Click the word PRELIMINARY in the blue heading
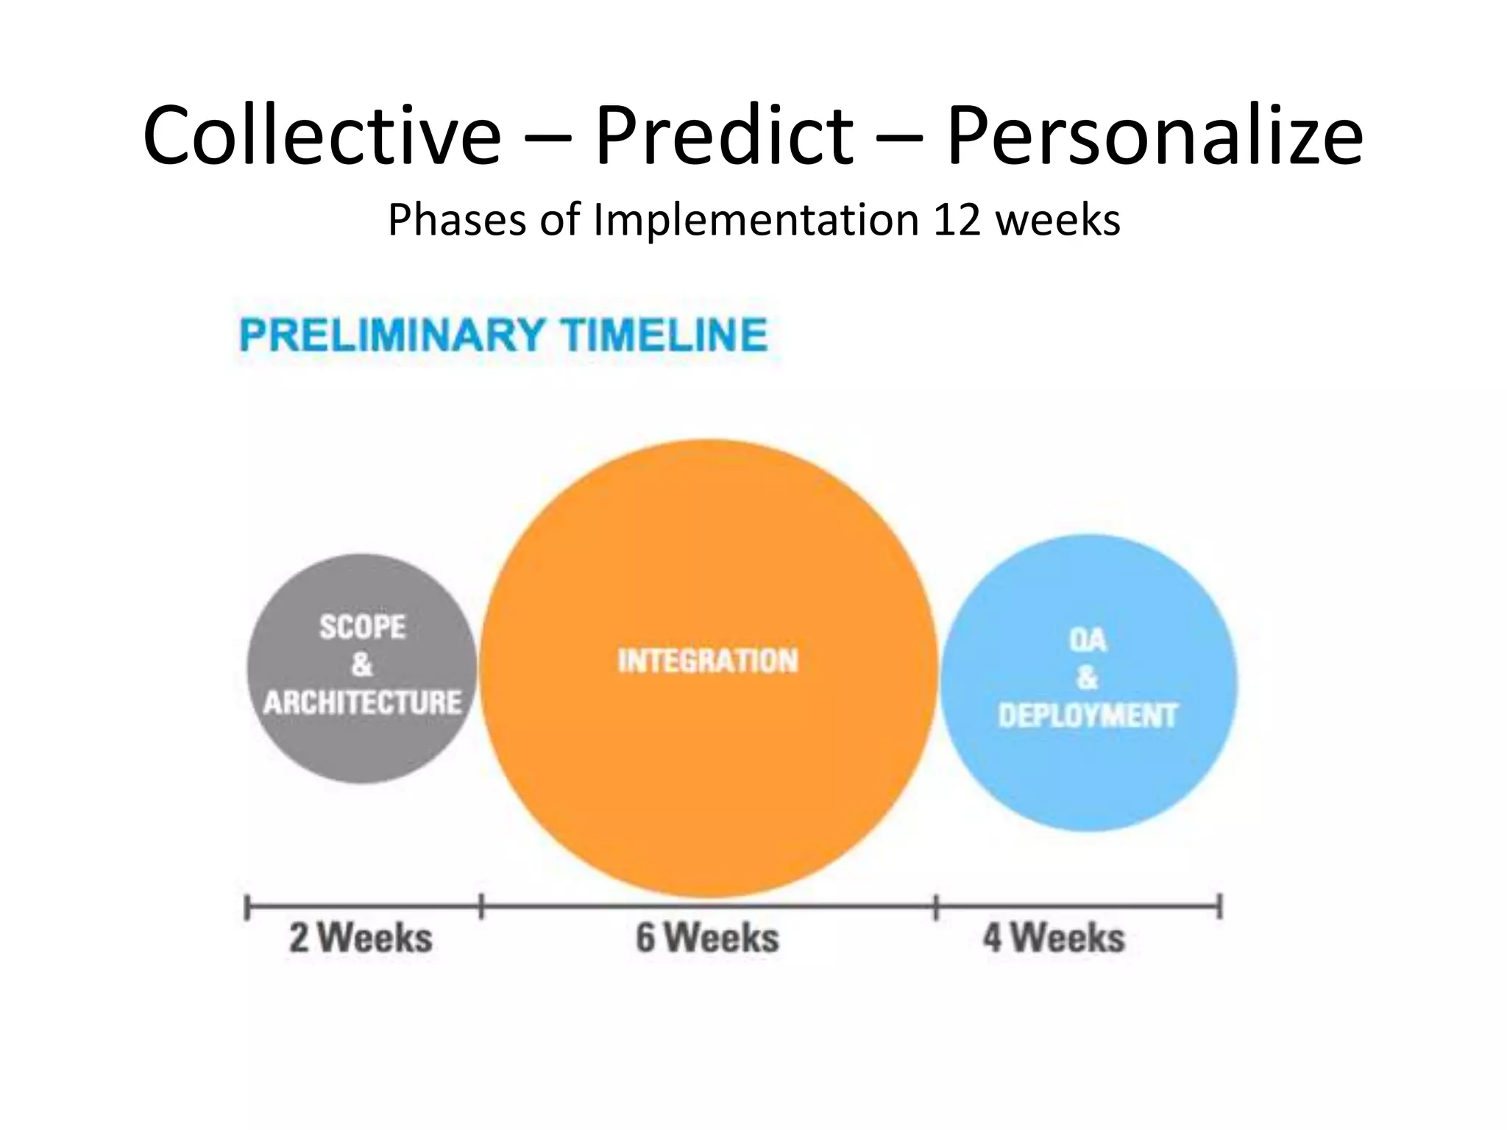(392, 335)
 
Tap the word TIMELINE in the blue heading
(664, 335)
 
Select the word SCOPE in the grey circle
(362, 628)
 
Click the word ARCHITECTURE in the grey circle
(363, 703)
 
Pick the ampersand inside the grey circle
(361, 665)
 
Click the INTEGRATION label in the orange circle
(708, 661)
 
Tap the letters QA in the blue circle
(1088, 640)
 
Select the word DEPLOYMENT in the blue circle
(1088, 716)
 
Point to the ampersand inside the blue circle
(1088, 678)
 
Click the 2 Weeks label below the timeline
(361, 938)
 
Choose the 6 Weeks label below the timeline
(707, 938)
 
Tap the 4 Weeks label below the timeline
(1054, 938)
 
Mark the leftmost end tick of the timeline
(247, 907)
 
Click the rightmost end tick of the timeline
(1219, 906)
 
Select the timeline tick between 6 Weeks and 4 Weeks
(936, 907)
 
